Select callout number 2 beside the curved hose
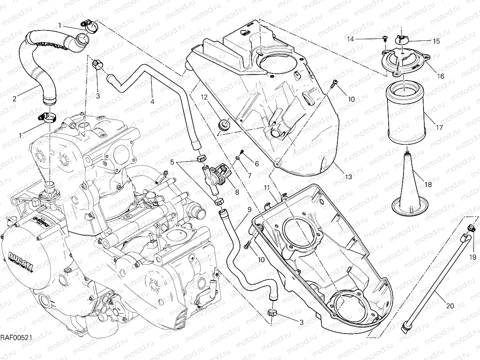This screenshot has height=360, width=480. tap(14, 98)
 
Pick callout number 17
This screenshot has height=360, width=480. tap(439, 128)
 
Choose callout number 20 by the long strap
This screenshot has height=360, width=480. tap(450, 306)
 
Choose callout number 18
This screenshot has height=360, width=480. tap(428, 184)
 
